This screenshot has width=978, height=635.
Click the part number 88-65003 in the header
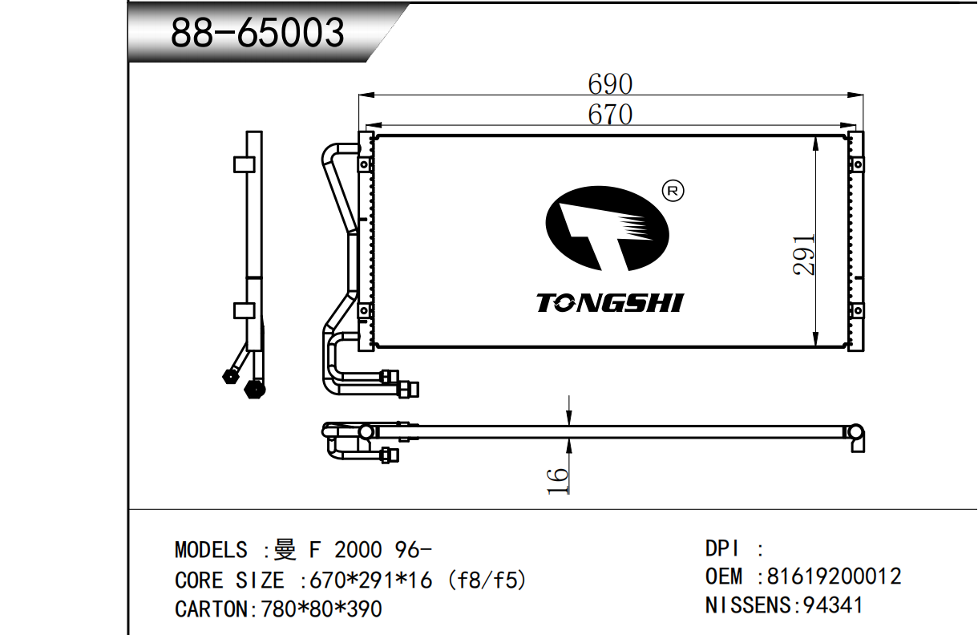click(258, 33)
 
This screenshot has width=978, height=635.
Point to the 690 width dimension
click(610, 84)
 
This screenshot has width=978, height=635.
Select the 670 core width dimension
click(610, 115)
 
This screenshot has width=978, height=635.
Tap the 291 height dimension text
click(805, 255)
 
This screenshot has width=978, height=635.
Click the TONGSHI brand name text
click(609, 303)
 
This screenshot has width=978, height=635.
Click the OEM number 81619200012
click(834, 576)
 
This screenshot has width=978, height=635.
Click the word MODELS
click(211, 551)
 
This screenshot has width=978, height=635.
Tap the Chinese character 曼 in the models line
click(285, 551)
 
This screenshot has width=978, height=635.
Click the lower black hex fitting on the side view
click(254, 389)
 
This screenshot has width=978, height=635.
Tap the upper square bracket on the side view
click(244, 164)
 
